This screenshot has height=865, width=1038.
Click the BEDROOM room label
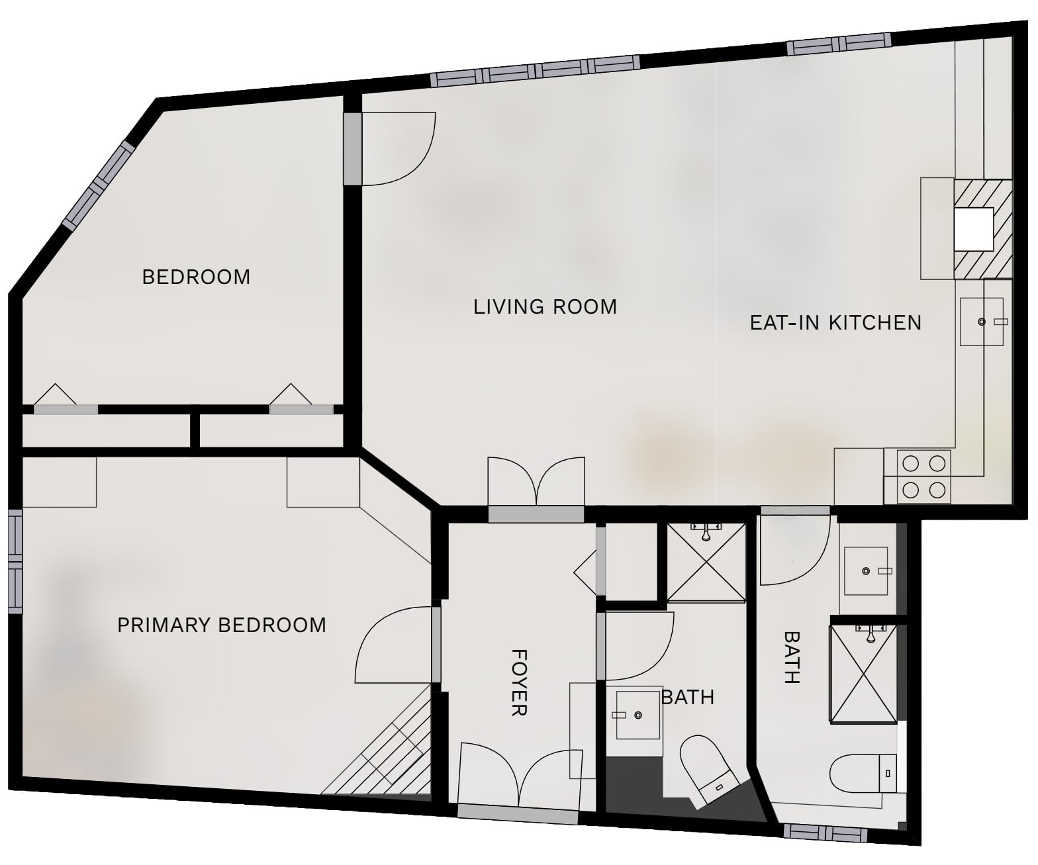tap(196, 277)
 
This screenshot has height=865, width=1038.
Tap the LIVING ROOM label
tap(545, 306)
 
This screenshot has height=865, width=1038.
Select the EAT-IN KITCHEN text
tap(835, 322)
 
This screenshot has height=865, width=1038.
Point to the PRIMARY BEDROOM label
tap(222, 625)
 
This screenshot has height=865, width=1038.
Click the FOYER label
tap(519, 682)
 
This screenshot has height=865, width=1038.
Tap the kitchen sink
tap(981, 322)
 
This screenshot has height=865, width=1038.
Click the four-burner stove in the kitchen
tap(923, 477)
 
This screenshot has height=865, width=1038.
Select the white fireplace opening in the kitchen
tap(973, 229)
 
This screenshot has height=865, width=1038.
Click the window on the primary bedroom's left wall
tap(15, 561)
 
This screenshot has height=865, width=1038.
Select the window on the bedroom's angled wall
tap(98, 185)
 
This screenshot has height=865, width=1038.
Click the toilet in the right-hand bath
tap(863, 773)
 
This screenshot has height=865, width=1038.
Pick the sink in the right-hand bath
tap(866, 571)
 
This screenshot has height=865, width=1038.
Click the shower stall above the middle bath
tap(706, 563)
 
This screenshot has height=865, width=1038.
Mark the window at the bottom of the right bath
tap(826, 833)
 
